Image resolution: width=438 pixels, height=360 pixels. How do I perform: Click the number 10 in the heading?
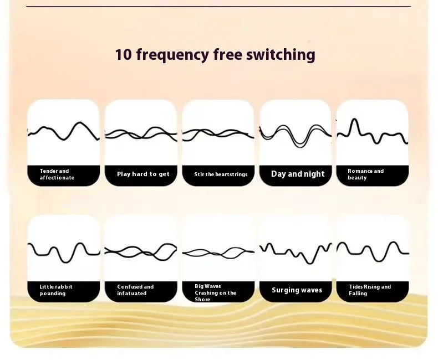[123, 55]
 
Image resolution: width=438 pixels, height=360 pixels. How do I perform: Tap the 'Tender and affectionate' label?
[57, 174]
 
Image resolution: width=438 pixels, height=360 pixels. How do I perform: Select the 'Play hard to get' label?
[143, 174]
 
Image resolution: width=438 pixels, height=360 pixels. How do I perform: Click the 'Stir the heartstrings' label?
[221, 174]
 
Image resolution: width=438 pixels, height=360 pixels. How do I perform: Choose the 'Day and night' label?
[298, 174]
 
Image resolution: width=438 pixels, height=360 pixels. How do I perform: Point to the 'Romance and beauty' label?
[365, 174]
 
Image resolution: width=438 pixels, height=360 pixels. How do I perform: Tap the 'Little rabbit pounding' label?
[56, 290]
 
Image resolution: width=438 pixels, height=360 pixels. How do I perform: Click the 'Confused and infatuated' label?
[135, 290]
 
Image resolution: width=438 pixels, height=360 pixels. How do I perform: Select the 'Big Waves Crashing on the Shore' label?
[215, 292]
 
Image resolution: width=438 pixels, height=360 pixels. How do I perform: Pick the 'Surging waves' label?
[297, 290]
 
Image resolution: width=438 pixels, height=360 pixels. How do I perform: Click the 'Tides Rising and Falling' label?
[370, 290]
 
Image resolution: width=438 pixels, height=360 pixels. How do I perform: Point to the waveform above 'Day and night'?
[295, 135]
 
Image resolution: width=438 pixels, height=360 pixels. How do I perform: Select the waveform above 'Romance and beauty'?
[372, 133]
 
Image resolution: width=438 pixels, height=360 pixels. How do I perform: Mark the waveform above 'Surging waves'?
[295, 251]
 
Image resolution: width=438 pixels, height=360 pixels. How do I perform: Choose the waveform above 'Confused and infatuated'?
[141, 252]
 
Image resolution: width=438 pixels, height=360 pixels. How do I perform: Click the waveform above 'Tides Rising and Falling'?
[372, 250]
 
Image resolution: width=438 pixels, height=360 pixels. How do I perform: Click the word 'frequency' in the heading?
[172, 55]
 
